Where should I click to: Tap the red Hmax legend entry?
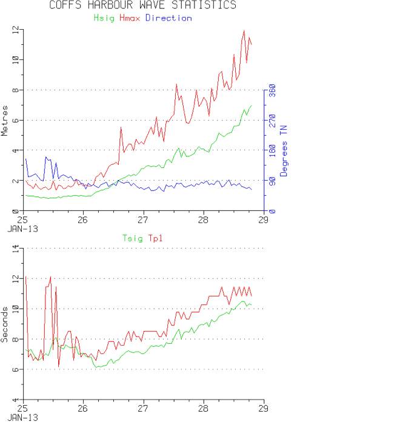[129, 18]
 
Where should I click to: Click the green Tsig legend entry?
[132, 238]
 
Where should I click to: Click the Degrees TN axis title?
[282, 151]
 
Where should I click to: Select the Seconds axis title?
[5, 324]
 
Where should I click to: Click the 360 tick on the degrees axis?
[272, 90]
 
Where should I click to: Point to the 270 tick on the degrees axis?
[272, 120]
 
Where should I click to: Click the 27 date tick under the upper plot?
[143, 220]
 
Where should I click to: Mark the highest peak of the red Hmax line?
[244, 30]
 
